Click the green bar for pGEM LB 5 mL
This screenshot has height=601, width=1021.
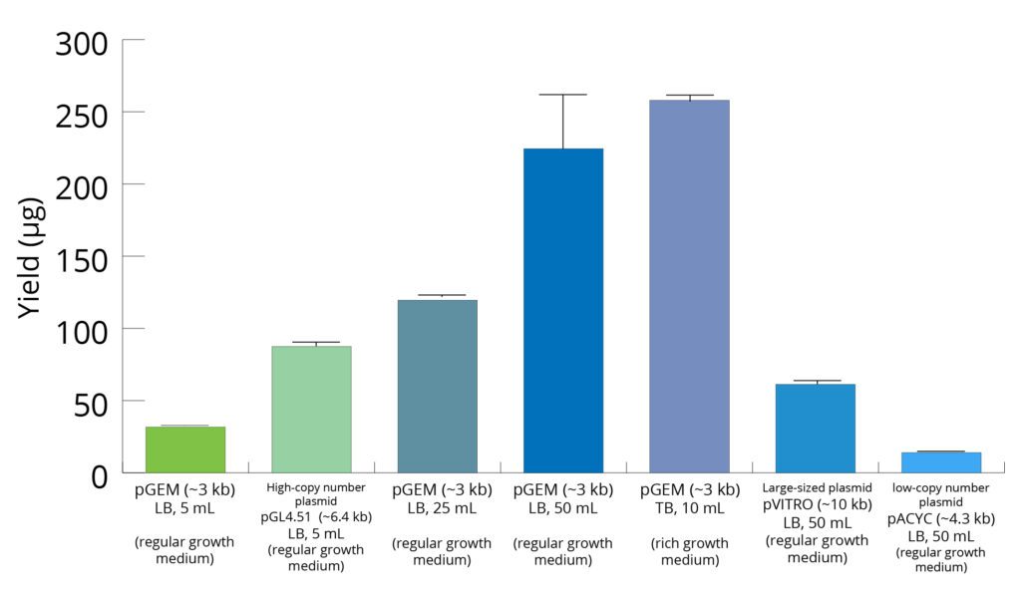pos(185,450)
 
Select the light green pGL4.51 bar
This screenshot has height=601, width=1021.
pos(311,410)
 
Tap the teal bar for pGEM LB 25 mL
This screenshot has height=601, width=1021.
pos(437,387)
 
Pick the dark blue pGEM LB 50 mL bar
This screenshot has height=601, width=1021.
pos(563,311)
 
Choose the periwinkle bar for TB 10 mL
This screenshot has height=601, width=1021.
pos(689,286)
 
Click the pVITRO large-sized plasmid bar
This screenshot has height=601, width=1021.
pos(816,429)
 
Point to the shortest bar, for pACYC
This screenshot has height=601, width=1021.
pos(941,462)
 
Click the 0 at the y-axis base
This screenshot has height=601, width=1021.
pos(100,475)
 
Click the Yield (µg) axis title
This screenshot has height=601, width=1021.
pos(32,257)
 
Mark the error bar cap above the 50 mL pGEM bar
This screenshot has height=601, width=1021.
pos(563,95)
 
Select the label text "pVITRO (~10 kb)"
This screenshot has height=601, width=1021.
pos(817,505)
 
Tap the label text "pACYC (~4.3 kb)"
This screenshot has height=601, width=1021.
pos(941,519)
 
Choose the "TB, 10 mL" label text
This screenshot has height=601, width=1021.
pos(689,508)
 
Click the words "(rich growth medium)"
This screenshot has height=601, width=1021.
pos(689,551)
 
